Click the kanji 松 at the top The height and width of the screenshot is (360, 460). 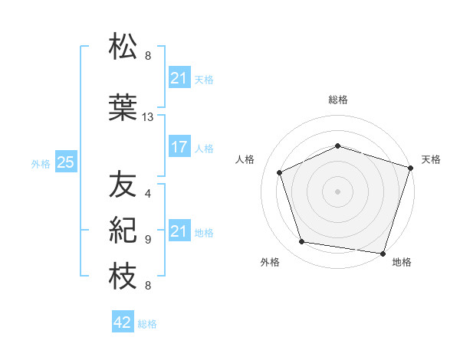click(x=123, y=47)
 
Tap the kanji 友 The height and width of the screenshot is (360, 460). click(x=123, y=185)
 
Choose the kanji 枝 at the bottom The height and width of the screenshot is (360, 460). click(x=123, y=277)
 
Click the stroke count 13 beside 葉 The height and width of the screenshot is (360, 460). click(x=148, y=117)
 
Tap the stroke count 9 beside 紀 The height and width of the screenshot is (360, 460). click(x=148, y=239)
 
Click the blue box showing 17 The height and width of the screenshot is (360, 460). click(x=179, y=148)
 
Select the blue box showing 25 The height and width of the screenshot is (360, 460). click(x=66, y=162)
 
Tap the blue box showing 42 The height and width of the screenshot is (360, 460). click(x=123, y=323)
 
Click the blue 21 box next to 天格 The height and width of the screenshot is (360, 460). click(x=179, y=78)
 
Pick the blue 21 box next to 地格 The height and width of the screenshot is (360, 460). click(x=179, y=231)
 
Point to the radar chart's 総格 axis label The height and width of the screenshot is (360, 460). click(x=338, y=100)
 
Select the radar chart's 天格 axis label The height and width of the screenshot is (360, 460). click(x=432, y=159)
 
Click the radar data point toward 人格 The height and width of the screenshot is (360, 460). click(x=280, y=172)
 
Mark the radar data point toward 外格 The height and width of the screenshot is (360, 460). click(x=302, y=242)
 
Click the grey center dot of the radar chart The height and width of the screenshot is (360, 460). click(x=338, y=191)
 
